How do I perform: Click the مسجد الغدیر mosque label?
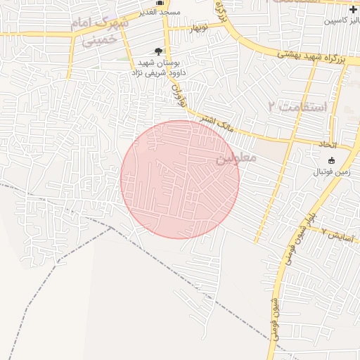click(160, 13)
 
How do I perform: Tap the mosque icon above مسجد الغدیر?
click(160, 2)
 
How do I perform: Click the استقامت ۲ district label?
click(297, 107)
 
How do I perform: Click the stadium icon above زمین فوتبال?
click(331, 160)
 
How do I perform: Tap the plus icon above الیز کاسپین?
click(352, 9)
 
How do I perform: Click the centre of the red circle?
click(180, 179)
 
